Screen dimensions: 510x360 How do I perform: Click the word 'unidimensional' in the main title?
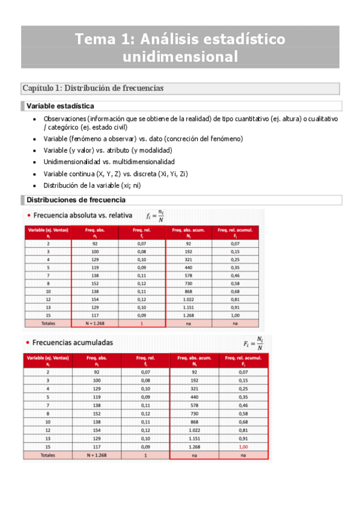tap(180, 57)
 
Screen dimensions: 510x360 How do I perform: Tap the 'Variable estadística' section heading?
tap(60, 106)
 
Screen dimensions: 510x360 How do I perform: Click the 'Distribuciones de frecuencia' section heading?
tap(76, 200)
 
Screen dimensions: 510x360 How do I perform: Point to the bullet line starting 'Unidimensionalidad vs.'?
tap(109, 162)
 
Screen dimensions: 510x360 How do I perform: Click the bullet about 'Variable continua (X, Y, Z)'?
tap(115, 174)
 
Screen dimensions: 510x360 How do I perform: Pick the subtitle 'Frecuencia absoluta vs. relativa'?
tap(82, 215)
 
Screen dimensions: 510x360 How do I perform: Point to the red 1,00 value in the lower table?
tap(243, 447)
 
